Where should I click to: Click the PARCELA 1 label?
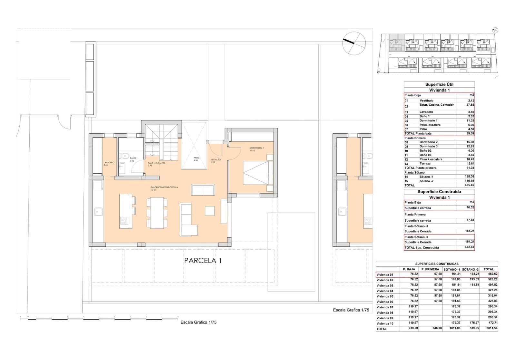[203, 260]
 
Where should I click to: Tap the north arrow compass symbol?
[354, 43]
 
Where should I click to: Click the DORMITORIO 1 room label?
[256, 148]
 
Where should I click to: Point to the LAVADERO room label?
[109, 163]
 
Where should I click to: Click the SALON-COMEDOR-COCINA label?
[164, 187]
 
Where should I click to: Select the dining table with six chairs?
[157, 213]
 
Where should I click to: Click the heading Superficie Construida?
[439, 192]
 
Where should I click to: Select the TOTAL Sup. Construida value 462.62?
[470, 247]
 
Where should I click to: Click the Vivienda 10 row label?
[385, 323]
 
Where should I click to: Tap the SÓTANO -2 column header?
[470, 269]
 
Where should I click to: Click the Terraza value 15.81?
[471, 163]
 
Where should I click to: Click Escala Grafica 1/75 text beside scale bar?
[198, 322]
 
